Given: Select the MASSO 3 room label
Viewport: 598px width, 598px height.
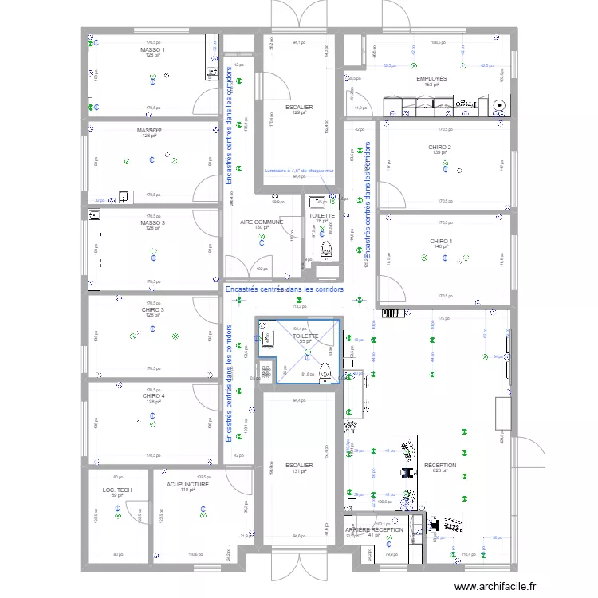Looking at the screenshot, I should coord(152,222).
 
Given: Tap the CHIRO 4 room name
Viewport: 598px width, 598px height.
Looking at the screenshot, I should coord(153,395).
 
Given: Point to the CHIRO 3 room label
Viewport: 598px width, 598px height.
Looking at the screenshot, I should coord(153,309).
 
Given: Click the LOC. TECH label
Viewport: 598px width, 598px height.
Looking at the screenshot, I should coord(118,490).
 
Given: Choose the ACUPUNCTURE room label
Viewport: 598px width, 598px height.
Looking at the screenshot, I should coord(187,484).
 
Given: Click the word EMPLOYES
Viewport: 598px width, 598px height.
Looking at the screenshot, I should coord(431,79).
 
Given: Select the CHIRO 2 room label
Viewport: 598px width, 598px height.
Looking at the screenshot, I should coord(439,148).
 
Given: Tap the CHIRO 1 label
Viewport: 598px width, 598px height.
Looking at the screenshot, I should coord(440,241).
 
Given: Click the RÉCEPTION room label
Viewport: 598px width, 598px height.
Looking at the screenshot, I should coord(439,465).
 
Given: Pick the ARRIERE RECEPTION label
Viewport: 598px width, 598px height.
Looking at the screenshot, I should coord(374,529).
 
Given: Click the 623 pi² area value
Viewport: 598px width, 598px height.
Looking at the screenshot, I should coord(439,470).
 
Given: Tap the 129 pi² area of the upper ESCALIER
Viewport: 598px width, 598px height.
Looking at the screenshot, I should coord(299,112).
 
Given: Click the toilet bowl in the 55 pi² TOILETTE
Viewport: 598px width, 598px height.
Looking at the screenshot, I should coord(325,371).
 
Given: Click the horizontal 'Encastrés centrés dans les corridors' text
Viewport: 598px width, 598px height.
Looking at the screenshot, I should coord(285,289).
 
